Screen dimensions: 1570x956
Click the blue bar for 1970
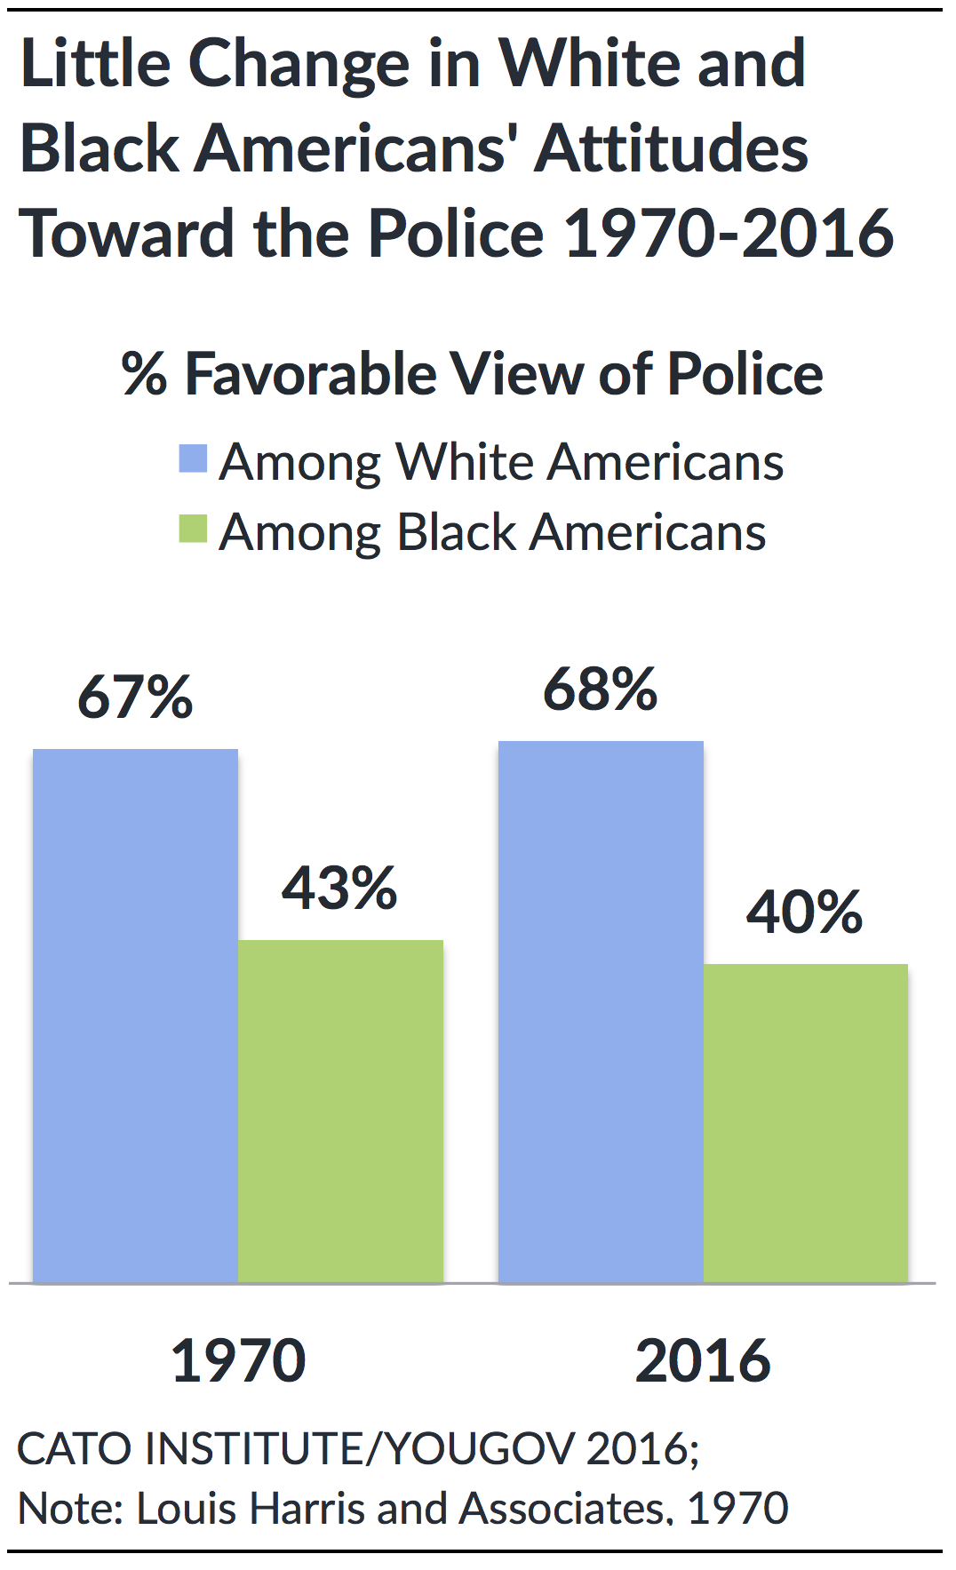135,1016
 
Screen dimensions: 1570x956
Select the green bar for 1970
340,1111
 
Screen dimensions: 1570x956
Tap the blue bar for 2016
601,1011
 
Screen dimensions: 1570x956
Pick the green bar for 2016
805,1123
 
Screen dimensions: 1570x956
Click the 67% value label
135,697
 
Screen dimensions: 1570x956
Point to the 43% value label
339,888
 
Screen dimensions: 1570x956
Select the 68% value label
601,689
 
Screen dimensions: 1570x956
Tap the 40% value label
804,912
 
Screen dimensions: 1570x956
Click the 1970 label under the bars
238,1361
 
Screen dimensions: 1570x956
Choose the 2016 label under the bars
703,1361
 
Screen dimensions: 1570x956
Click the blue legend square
193,458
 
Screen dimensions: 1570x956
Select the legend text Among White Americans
501,462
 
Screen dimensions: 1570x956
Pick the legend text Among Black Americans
492,532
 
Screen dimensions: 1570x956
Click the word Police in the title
456,234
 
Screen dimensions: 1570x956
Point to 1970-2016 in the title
729,234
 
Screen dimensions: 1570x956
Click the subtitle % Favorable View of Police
473,374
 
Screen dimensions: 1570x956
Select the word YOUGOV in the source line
481,1448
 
